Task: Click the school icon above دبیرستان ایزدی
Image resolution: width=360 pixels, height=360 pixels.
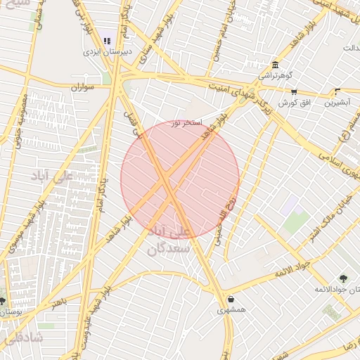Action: tap(107, 40)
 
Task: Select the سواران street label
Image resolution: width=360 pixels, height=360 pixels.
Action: tap(82, 88)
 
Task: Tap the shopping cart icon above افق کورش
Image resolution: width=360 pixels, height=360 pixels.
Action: tap(294, 91)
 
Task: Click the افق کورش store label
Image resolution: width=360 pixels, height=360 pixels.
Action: tap(295, 103)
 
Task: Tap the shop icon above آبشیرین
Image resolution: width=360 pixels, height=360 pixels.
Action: tap(337, 91)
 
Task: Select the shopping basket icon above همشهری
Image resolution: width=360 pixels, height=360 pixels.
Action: tap(231, 299)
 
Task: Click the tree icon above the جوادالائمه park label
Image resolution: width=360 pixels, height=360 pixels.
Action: tap(343, 278)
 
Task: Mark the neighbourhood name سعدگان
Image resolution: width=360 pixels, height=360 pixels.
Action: tap(168, 248)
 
